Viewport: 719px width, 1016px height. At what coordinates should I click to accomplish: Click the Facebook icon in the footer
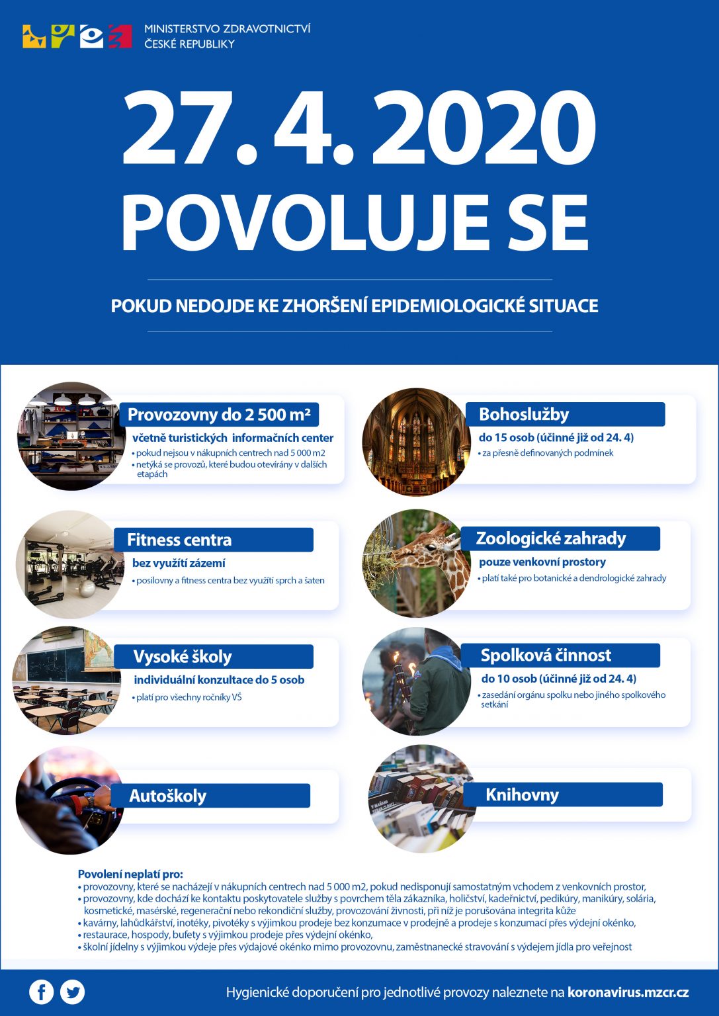[41, 992]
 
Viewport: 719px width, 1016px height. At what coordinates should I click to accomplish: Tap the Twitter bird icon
[73, 992]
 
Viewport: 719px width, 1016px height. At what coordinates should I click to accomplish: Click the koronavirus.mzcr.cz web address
[628, 992]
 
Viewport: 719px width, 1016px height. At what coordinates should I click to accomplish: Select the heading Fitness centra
[179, 540]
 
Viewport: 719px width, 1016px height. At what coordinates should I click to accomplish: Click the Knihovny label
[522, 794]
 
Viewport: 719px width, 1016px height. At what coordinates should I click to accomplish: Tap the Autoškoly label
[167, 796]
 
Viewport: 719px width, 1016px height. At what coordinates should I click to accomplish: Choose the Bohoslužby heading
[524, 415]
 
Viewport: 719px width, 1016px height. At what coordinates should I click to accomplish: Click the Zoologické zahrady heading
[550, 538]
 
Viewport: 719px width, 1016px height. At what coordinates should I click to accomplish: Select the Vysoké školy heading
[183, 657]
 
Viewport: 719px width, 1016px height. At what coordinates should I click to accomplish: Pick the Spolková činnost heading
[546, 656]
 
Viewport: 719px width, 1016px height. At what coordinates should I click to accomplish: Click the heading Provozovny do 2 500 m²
[219, 415]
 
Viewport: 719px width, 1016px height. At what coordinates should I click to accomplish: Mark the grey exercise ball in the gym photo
[87, 589]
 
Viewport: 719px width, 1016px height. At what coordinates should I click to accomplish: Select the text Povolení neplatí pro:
[130, 874]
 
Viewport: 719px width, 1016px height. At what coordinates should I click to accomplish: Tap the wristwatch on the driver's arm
[89, 799]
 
